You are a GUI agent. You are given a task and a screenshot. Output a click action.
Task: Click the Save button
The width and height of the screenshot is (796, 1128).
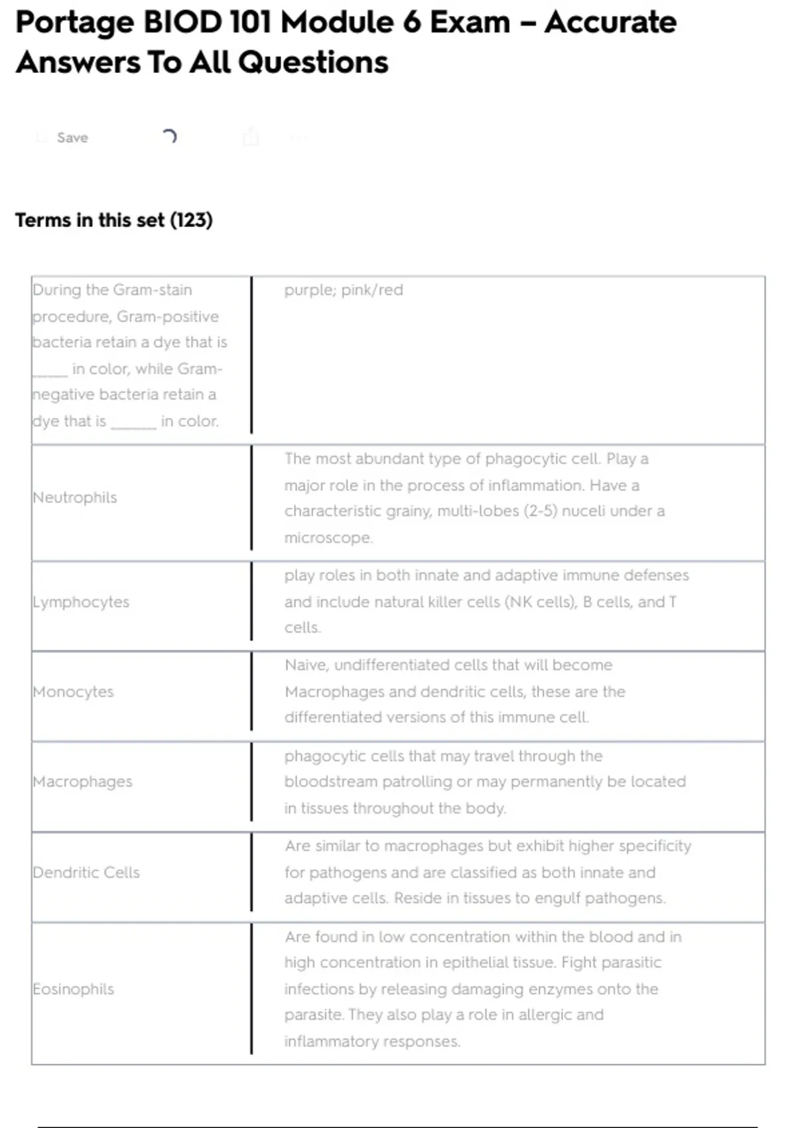[x=72, y=137]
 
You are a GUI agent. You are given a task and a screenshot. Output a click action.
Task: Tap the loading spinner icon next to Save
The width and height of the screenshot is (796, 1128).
[x=170, y=137]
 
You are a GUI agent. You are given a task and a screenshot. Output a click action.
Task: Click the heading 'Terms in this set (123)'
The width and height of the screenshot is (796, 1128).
[x=114, y=220]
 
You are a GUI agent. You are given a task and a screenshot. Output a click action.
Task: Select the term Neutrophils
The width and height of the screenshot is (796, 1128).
[x=75, y=497]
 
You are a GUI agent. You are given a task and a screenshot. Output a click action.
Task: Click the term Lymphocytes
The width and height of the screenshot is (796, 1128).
[x=81, y=602]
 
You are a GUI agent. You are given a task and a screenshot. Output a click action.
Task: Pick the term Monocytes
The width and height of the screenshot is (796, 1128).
[x=74, y=691]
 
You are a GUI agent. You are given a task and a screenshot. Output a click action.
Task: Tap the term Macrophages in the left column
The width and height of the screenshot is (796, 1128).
[x=83, y=782]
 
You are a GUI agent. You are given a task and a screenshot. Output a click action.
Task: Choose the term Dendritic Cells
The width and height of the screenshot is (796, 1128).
[x=86, y=872]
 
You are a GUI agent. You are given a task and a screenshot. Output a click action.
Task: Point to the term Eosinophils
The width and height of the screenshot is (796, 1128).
[x=74, y=989]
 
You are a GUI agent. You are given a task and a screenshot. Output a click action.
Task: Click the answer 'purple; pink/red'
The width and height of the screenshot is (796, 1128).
[x=344, y=290]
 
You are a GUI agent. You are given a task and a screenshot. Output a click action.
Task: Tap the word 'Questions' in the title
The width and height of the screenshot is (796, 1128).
[x=313, y=62]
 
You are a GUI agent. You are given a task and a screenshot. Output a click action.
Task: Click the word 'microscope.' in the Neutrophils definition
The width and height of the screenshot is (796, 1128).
[x=328, y=537]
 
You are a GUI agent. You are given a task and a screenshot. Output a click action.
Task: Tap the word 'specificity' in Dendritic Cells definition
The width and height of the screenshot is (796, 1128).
[x=653, y=846]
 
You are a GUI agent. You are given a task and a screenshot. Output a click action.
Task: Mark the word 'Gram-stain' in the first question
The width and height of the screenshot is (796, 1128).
[x=153, y=290]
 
